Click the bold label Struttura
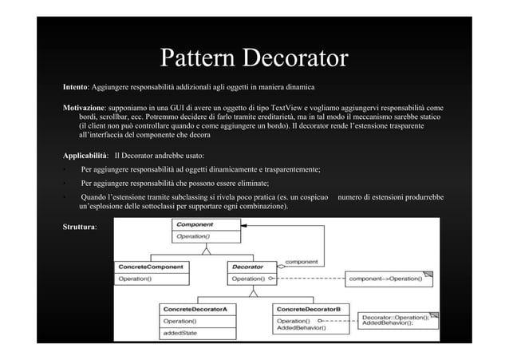click(80, 227)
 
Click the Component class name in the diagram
click(195, 226)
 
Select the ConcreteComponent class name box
click(151, 267)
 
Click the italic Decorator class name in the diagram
click(247, 267)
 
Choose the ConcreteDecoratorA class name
click(195, 308)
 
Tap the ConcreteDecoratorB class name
click(308, 308)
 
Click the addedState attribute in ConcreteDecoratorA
click(180, 331)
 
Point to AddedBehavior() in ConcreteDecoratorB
click(302, 328)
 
